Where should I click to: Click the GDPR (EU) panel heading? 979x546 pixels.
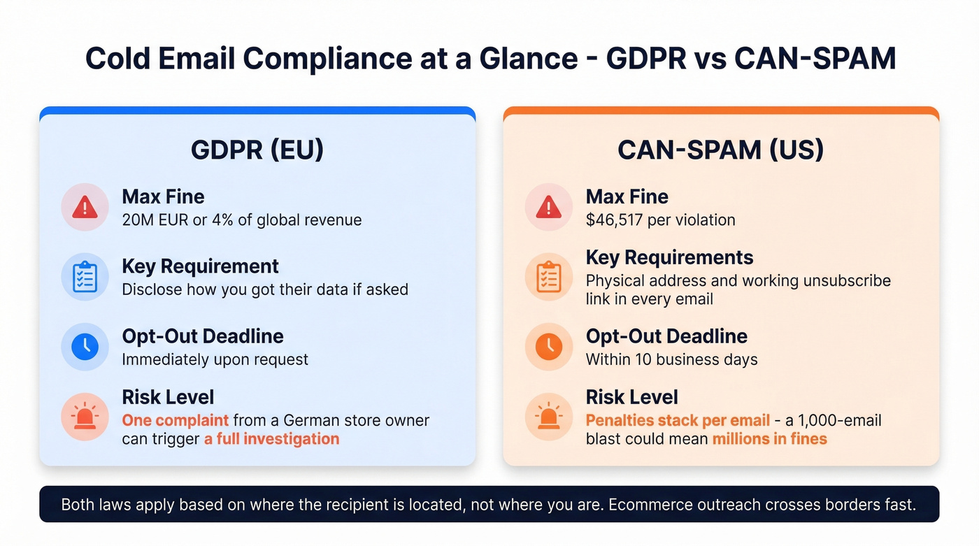coord(257,150)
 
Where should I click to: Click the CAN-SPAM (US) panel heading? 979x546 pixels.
coord(721,150)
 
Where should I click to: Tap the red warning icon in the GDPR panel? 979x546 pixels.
coord(85,207)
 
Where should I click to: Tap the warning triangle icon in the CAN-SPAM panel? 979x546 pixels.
coord(549,207)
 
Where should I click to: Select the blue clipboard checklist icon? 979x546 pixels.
coord(85,277)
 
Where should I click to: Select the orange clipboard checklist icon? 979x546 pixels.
coord(549,277)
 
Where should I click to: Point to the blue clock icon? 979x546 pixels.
coord(85,346)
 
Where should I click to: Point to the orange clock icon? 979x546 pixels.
coord(549,346)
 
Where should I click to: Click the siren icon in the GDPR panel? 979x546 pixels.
coord(85,417)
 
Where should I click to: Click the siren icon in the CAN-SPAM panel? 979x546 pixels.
coord(549,417)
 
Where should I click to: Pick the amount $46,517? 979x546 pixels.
coord(616,220)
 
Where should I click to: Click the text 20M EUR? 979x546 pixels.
coord(155,220)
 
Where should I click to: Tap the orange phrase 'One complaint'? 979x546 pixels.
coord(175,420)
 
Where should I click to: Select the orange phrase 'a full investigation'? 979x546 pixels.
coord(271,439)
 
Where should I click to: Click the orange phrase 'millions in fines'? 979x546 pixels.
coord(769,439)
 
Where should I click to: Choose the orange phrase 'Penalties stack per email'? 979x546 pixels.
coord(678,420)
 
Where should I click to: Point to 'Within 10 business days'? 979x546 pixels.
coord(671,360)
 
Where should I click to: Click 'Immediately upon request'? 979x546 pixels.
coord(215,360)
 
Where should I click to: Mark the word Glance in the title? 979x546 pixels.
coord(531,59)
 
